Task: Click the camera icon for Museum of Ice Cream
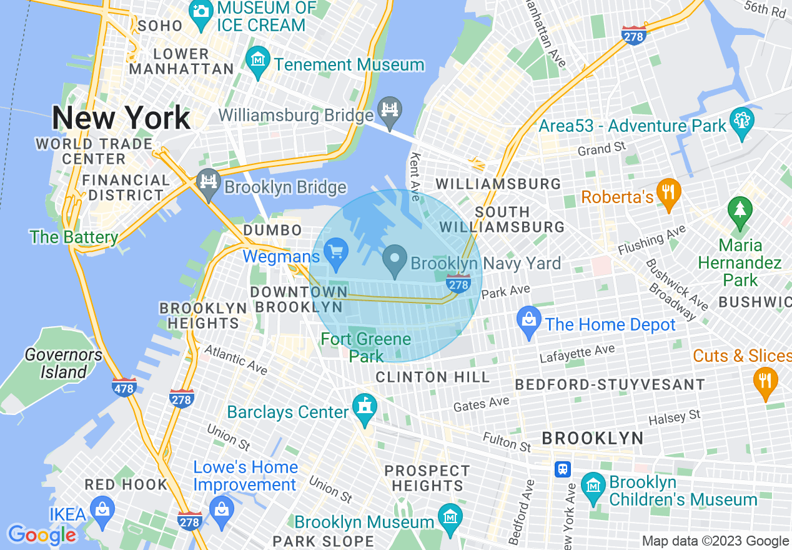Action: [x=200, y=11]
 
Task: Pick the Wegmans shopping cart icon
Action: [x=336, y=252]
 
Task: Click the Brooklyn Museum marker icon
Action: [x=450, y=516]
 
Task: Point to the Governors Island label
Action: [x=63, y=363]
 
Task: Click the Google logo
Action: [x=42, y=534]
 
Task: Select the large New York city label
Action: [x=121, y=117]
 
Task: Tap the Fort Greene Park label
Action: [x=366, y=347]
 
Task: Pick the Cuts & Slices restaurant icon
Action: [x=765, y=380]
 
